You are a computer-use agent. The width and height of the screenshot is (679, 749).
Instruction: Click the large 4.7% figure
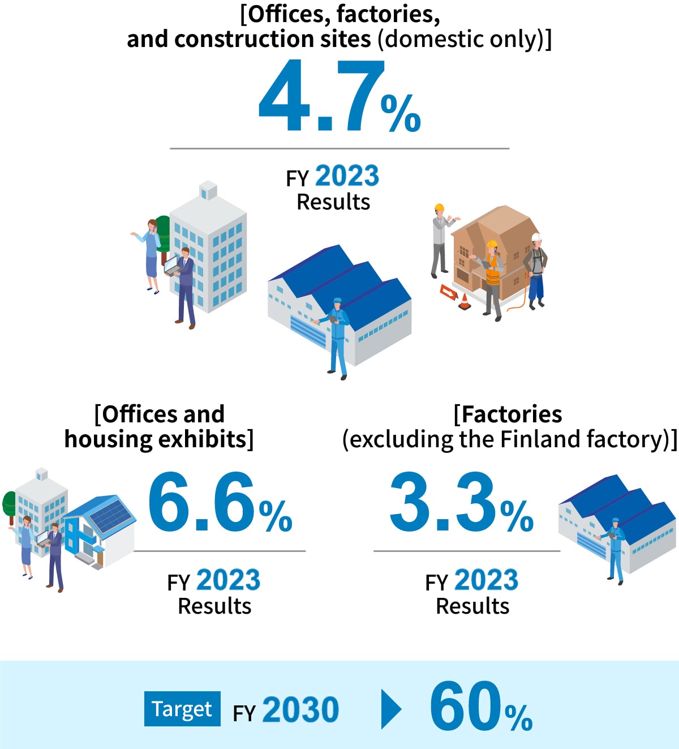coord(339,96)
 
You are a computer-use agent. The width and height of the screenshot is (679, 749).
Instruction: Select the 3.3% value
coord(462,502)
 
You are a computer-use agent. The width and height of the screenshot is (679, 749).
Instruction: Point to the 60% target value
coord(481,705)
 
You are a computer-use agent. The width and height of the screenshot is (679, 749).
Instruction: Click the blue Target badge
coord(182,709)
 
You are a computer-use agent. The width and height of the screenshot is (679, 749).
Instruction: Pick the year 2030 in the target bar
coord(300,709)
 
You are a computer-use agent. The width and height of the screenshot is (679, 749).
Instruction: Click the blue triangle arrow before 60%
coord(391,709)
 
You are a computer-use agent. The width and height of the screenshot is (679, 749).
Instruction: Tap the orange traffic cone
coord(465,302)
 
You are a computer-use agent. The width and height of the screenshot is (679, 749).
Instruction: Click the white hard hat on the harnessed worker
coord(536,237)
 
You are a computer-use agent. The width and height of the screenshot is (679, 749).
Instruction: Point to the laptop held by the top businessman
coord(171,266)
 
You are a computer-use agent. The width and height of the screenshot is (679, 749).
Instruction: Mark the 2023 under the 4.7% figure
coord(347,176)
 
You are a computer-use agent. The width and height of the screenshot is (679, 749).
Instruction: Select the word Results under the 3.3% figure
coord(472,606)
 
